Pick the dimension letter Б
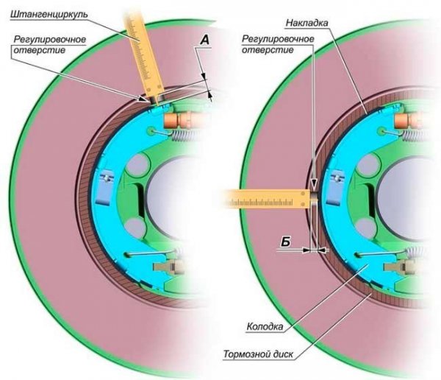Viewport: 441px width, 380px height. [x=285, y=241]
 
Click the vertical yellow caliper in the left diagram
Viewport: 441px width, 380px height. [x=146, y=52]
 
